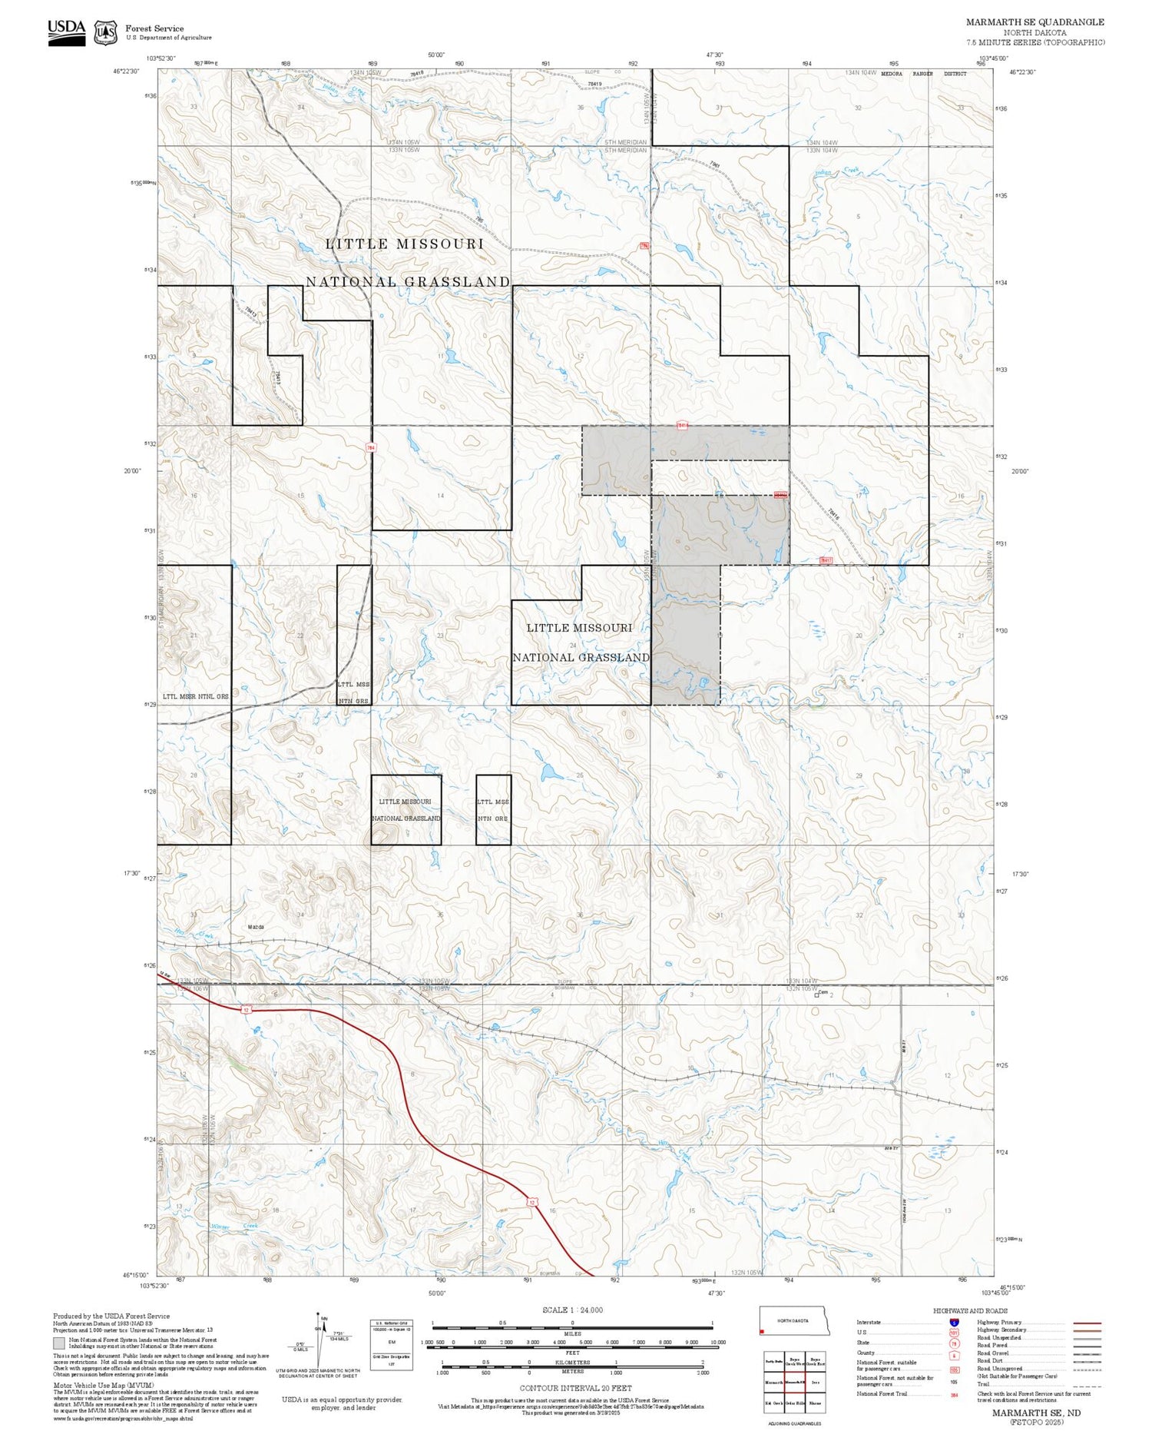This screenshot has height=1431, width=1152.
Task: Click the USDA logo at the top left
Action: point(66,32)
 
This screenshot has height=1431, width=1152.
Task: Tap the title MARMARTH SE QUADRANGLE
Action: point(1034,22)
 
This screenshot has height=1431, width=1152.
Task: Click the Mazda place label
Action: point(256,927)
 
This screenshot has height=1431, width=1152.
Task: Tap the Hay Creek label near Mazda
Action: point(193,934)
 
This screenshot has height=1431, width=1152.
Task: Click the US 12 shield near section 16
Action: point(531,1200)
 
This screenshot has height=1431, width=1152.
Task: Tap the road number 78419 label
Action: point(594,84)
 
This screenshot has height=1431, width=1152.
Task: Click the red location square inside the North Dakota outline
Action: point(762,1330)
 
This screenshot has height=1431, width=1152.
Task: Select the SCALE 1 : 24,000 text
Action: point(572,1310)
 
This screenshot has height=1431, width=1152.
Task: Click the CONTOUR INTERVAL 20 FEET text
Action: point(575,1388)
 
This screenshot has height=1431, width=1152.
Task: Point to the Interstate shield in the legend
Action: point(954,1323)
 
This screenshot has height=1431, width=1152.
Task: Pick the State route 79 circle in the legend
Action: point(954,1343)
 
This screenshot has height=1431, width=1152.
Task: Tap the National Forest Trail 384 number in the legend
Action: point(954,1395)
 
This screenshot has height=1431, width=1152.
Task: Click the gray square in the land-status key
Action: point(58,1343)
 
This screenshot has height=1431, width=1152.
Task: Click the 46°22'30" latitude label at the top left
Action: point(126,71)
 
